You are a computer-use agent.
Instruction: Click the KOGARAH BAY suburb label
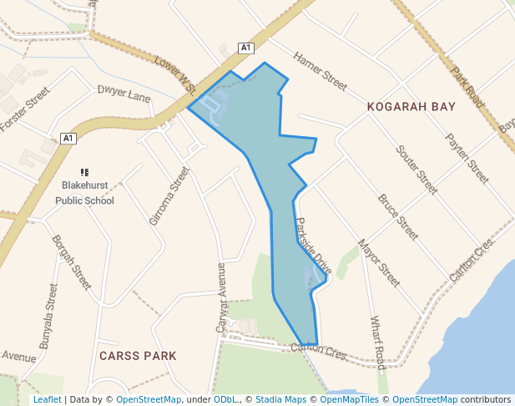[x=411, y=107]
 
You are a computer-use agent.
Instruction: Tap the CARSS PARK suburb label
[x=138, y=356]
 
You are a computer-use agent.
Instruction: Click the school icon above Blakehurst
[x=84, y=172]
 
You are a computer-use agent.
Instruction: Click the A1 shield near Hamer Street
[x=245, y=48]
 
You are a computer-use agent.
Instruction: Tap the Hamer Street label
[x=319, y=71]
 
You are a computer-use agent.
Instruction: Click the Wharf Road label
[x=376, y=343]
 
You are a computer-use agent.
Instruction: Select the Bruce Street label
[x=398, y=217]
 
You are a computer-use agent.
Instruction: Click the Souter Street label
[x=417, y=170]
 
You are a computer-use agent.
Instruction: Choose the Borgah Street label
[x=71, y=262]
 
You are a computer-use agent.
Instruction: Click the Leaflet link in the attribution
[x=47, y=400]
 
